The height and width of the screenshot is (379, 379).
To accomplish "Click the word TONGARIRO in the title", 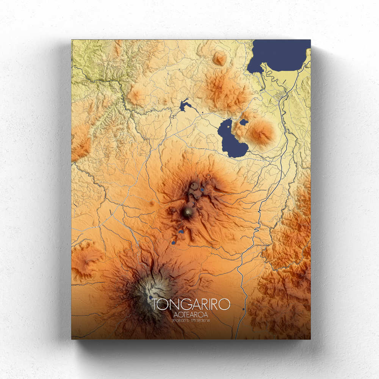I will click(191, 304).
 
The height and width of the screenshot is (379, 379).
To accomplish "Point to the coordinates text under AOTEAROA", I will click(191, 321).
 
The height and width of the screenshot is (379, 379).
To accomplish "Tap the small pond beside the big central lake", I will click(244, 122).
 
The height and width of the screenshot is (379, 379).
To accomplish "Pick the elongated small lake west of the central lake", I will click(184, 105).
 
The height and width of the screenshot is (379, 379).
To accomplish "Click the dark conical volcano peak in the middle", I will click(187, 213).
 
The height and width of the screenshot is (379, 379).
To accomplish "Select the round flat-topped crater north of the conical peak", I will click(195, 186).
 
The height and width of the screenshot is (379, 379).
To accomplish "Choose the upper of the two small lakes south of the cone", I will click(181, 231).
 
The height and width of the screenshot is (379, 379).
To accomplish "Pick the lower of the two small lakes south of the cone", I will click(174, 242).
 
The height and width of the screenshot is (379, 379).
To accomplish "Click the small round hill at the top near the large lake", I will click(219, 59).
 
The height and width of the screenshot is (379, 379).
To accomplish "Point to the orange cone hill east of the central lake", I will click(261, 133).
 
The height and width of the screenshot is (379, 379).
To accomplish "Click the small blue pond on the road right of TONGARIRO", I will click(243, 309).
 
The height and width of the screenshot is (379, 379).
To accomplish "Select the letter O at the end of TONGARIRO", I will click(224, 304).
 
